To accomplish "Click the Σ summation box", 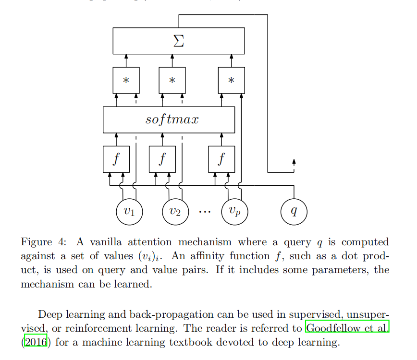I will (178, 41).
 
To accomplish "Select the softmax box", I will (169, 120).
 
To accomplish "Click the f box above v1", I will (116, 159).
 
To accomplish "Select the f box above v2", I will (162, 159).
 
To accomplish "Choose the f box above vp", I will (221, 159).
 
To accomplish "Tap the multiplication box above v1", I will (126, 80).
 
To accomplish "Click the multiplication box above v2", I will (172, 80).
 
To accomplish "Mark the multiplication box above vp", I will (231, 80).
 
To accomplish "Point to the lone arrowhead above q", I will (294, 162).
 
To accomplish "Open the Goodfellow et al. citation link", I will (348, 329).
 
